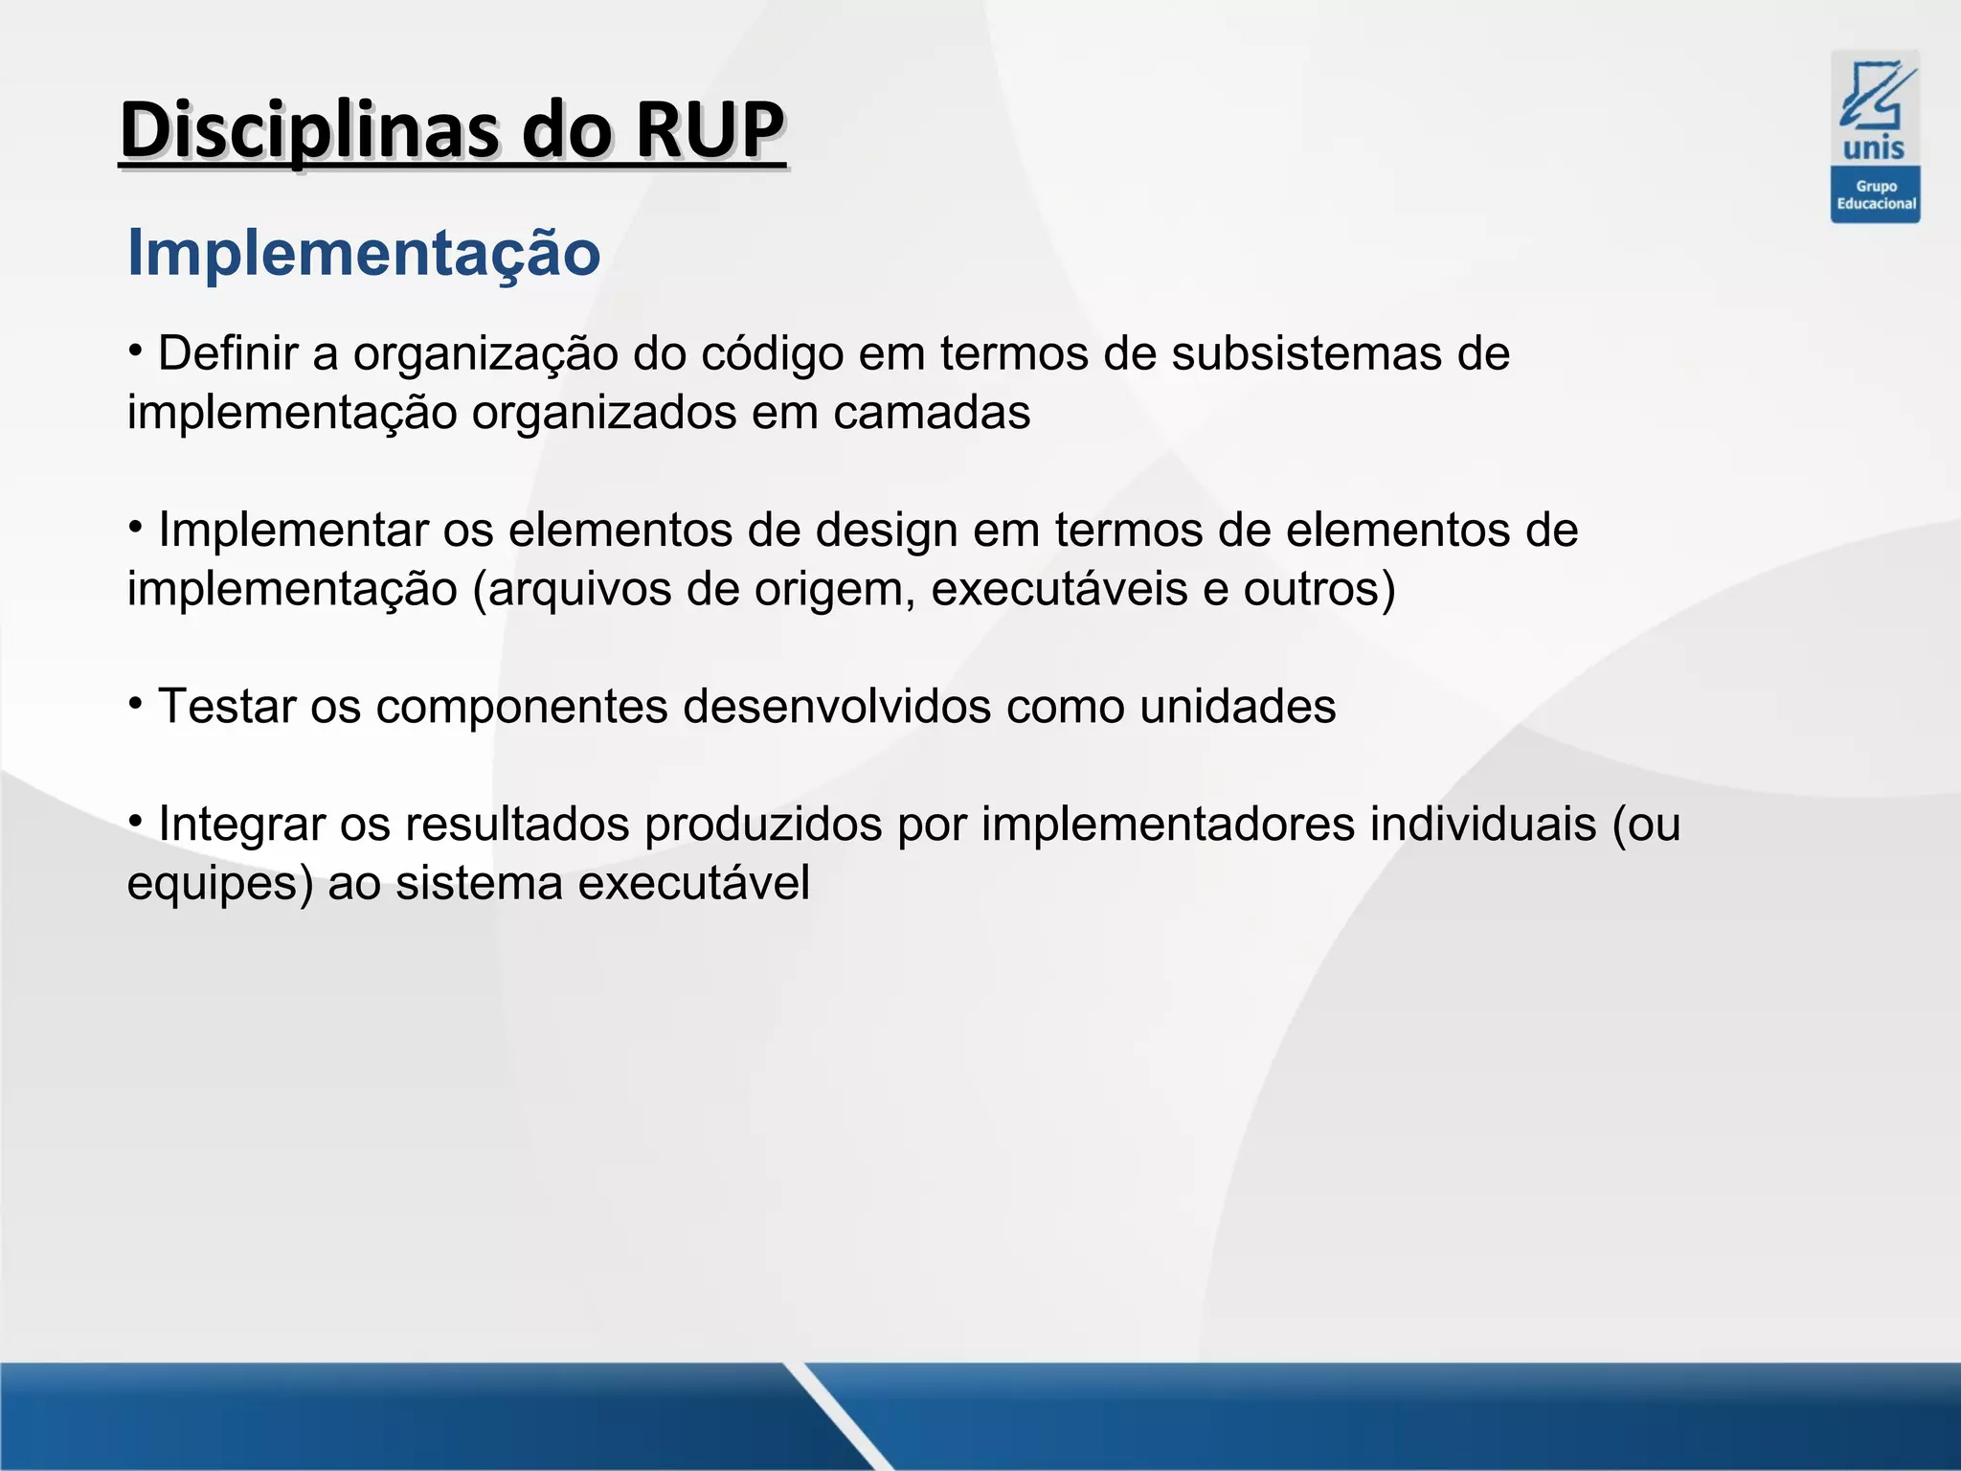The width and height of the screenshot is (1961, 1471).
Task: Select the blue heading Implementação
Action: pyautogui.click(x=364, y=254)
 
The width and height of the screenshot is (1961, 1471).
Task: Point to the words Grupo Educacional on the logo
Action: pyautogui.click(x=1876, y=195)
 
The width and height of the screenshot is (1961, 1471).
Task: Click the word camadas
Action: pyautogui.click(x=932, y=413)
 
